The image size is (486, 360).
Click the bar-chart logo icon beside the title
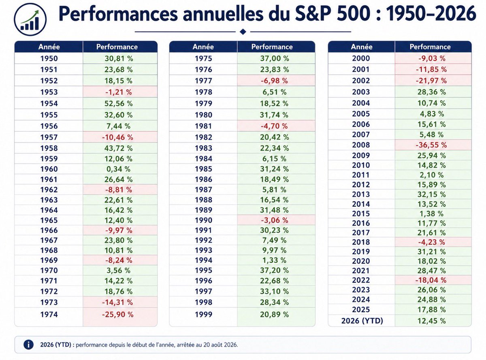tap(30, 19)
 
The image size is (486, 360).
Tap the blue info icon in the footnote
tap(28, 345)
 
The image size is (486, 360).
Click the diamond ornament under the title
tap(243, 32)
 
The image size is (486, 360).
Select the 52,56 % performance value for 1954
tap(118, 103)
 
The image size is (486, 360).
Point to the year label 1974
tap(49, 314)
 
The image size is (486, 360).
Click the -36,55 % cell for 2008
tap(431, 145)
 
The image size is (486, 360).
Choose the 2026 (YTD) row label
tap(362, 321)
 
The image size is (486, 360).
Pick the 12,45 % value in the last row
tap(431, 321)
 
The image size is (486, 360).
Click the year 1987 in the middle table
tap(204, 190)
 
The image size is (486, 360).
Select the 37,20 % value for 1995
tap(274, 270)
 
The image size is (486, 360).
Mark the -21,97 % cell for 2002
tap(431, 81)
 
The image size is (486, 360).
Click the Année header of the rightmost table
tap(362, 47)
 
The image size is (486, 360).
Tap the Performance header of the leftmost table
tap(117, 47)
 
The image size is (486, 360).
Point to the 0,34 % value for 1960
tap(118, 169)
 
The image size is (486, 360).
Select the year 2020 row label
tap(361, 261)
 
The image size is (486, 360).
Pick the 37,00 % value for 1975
tap(275, 58)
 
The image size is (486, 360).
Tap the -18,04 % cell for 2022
tap(431, 280)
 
